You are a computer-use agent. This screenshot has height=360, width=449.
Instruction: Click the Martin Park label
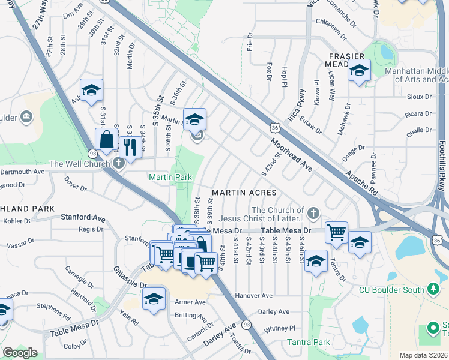(x=170, y=177)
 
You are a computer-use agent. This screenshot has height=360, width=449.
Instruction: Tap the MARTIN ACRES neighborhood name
(x=244, y=193)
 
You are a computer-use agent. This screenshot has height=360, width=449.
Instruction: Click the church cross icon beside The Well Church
(x=119, y=163)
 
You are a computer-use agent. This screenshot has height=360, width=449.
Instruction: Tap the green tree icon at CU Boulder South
(x=434, y=290)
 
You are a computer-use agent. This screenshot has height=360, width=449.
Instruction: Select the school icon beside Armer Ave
(x=154, y=299)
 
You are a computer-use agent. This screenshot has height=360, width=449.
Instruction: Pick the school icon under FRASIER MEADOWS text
(x=359, y=71)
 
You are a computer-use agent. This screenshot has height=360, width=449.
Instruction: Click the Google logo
(x=20, y=353)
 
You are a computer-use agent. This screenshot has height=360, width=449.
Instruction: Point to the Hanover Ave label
(x=254, y=296)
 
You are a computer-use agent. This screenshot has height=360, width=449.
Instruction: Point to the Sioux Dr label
(x=420, y=96)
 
